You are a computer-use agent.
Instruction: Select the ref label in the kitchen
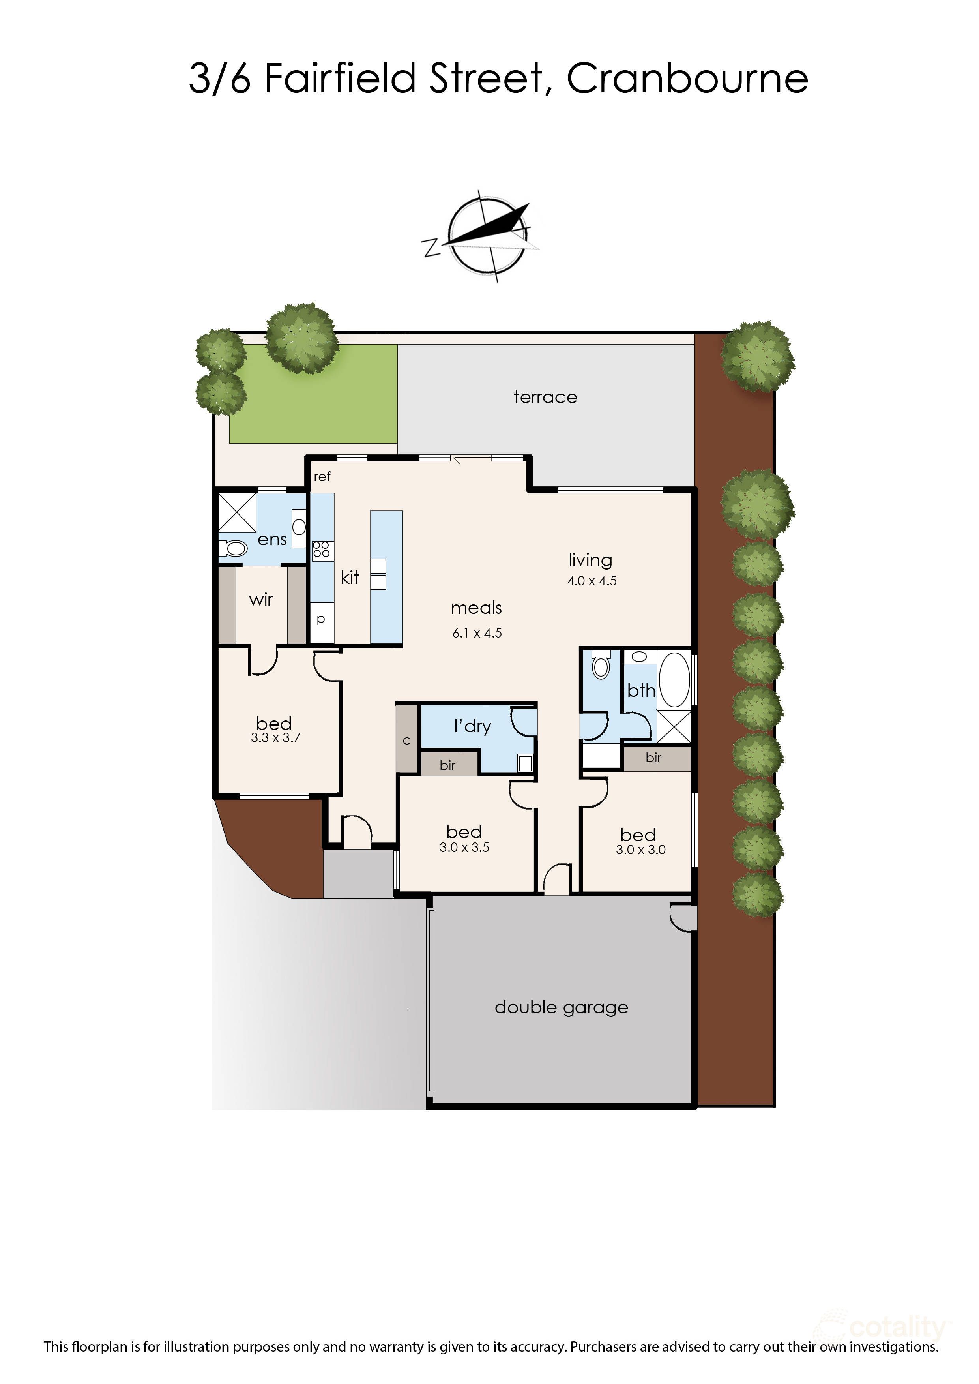(x=322, y=477)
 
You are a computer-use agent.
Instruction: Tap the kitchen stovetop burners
(x=321, y=549)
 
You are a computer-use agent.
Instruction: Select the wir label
(x=261, y=600)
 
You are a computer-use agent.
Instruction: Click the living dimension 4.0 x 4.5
(x=592, y=581)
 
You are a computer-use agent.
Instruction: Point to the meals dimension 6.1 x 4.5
(x=477, y=633)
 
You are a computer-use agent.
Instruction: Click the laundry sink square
(x=524, y=763)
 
